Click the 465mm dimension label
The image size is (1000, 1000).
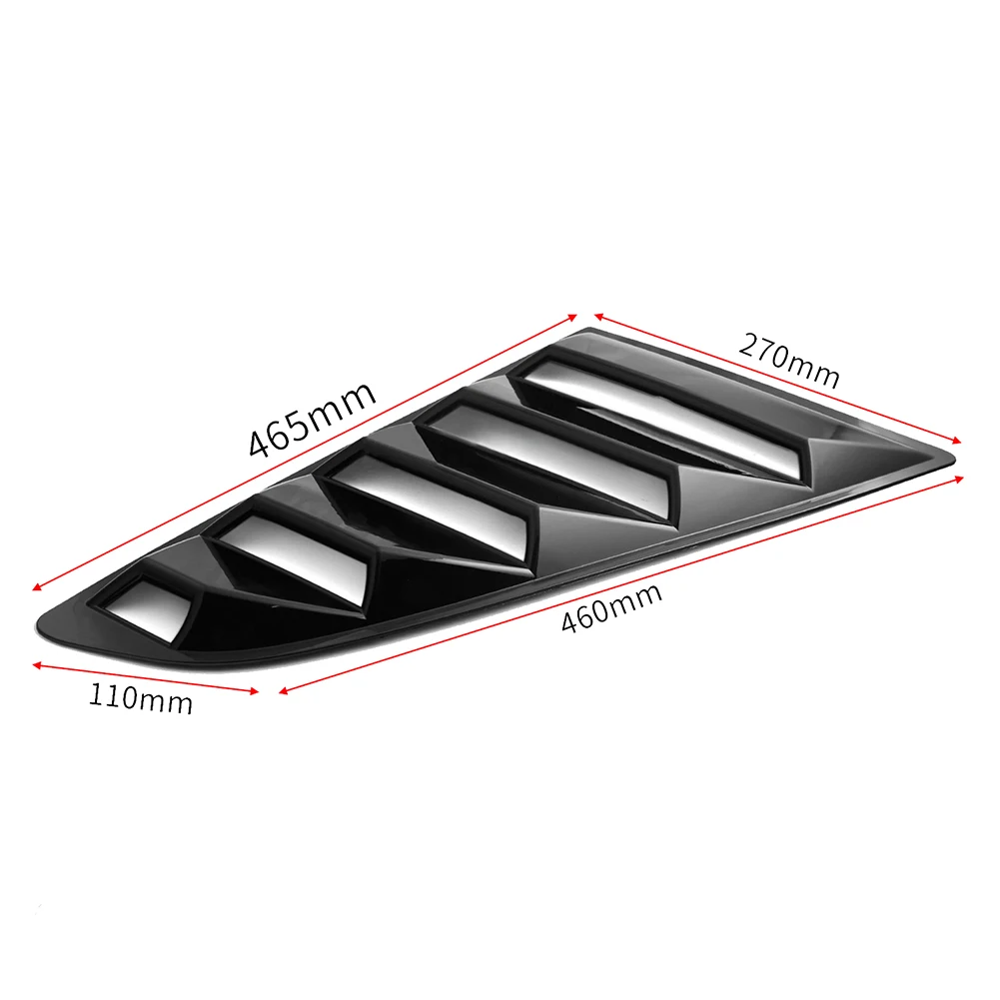312,417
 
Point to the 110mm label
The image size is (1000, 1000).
140,695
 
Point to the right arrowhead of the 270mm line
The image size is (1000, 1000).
958,441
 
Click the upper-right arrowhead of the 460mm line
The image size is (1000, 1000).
965,478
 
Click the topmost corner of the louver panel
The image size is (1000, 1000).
589,329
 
